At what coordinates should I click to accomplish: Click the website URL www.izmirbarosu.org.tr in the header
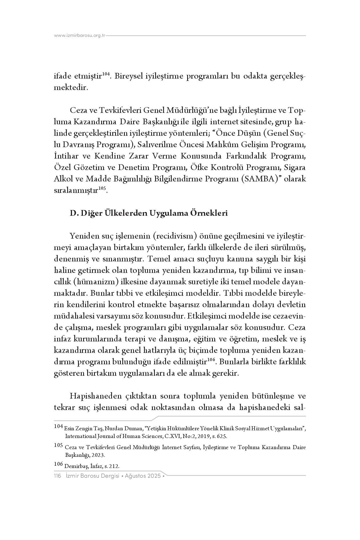[x=80, y=36]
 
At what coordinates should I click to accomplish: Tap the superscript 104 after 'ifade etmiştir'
[x=106, y=74]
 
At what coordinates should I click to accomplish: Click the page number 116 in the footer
[x=58, y=476]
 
